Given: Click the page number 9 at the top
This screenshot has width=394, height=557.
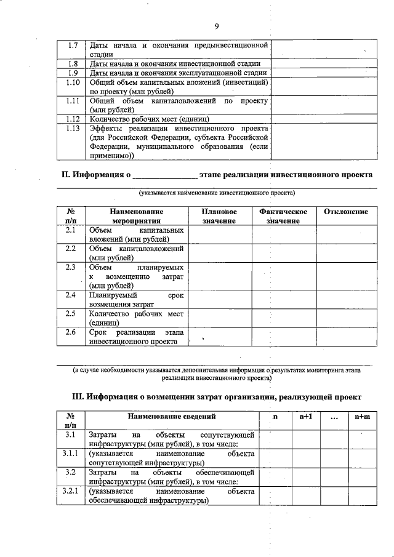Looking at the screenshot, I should coord(217,25).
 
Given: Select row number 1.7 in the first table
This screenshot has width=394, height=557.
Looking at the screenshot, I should coord(72,46).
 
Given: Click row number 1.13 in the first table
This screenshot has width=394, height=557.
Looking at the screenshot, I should coord(72,128).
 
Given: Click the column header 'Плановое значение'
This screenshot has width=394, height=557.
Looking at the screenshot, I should coord(219,216).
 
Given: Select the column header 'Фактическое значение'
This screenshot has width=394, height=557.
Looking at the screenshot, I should coord(283,216).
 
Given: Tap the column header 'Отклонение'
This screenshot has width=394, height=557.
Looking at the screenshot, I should coord(345,212).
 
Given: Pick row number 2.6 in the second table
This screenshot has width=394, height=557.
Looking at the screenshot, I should coord(70,332).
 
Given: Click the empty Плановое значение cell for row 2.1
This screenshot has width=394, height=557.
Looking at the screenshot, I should coord(219,234).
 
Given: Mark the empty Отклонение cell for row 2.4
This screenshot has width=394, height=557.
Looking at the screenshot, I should coord(345,300).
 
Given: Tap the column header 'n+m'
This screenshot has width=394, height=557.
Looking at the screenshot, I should coord(362,417).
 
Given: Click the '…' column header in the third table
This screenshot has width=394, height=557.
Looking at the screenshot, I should coord(334,417).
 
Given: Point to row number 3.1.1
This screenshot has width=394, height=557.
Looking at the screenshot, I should coord(70,454).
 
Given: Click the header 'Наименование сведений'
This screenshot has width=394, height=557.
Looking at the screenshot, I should coord(172,417).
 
